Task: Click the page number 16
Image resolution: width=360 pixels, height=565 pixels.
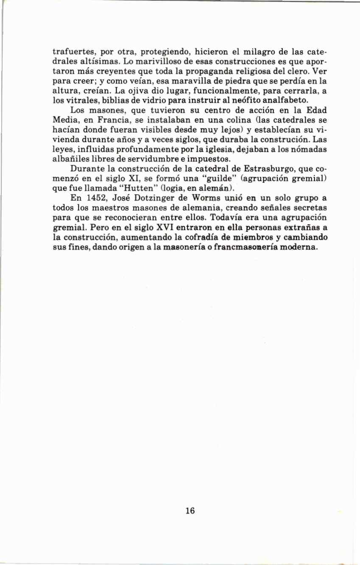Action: click(190, 511)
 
